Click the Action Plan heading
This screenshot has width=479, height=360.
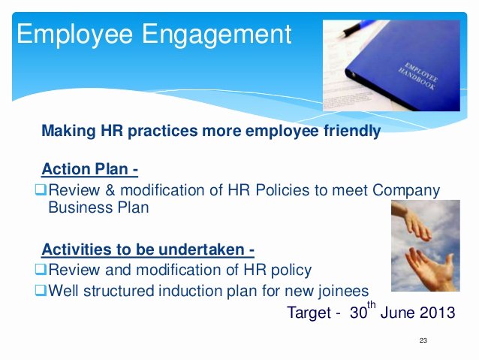point(90,169)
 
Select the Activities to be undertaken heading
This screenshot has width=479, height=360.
point(148,250)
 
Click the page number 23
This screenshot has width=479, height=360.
point(423,340)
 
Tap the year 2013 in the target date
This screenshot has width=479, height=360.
point(438,313)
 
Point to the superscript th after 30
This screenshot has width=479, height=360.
point(372,304)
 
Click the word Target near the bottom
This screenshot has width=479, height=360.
point(309,313)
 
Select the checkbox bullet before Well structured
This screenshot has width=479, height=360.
point(41,290)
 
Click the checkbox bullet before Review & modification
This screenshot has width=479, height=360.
point(41,189)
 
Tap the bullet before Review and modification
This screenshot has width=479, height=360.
point(41,269)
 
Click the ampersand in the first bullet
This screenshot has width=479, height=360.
point(110,190)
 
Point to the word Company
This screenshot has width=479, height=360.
point(406,191)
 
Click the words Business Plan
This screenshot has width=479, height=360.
point(98,207)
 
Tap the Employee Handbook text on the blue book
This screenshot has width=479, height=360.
point(418,76)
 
